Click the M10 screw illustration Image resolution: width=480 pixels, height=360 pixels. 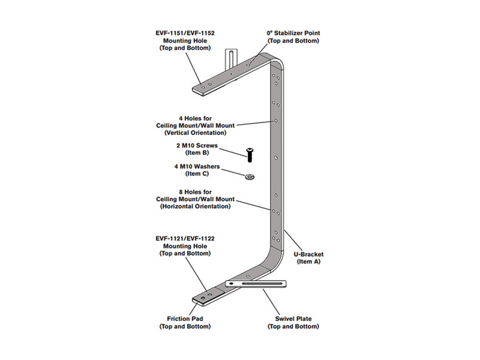249,155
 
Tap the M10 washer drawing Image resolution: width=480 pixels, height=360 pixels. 250,176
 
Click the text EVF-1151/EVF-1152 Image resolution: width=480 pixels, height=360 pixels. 185,33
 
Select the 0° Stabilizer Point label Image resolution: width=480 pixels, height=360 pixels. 293,33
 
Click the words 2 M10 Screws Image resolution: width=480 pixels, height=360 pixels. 197,145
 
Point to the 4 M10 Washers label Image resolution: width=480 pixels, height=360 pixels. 197,167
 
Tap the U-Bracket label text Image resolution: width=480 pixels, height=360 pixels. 308,254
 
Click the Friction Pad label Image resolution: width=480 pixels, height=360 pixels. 185,319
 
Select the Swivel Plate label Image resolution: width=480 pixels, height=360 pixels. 293,319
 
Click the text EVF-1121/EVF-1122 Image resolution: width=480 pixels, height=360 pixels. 185,238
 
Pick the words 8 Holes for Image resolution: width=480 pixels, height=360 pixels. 196,192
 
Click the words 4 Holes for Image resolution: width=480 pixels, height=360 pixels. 196,118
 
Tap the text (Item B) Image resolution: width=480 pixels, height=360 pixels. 197,153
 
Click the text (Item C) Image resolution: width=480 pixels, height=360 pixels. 197,173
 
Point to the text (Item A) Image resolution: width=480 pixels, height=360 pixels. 308,262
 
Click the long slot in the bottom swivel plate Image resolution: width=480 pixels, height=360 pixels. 262,284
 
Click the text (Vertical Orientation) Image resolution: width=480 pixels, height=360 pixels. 196,133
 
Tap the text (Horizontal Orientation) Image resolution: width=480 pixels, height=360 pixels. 196,206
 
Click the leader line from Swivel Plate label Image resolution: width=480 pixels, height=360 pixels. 273,301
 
